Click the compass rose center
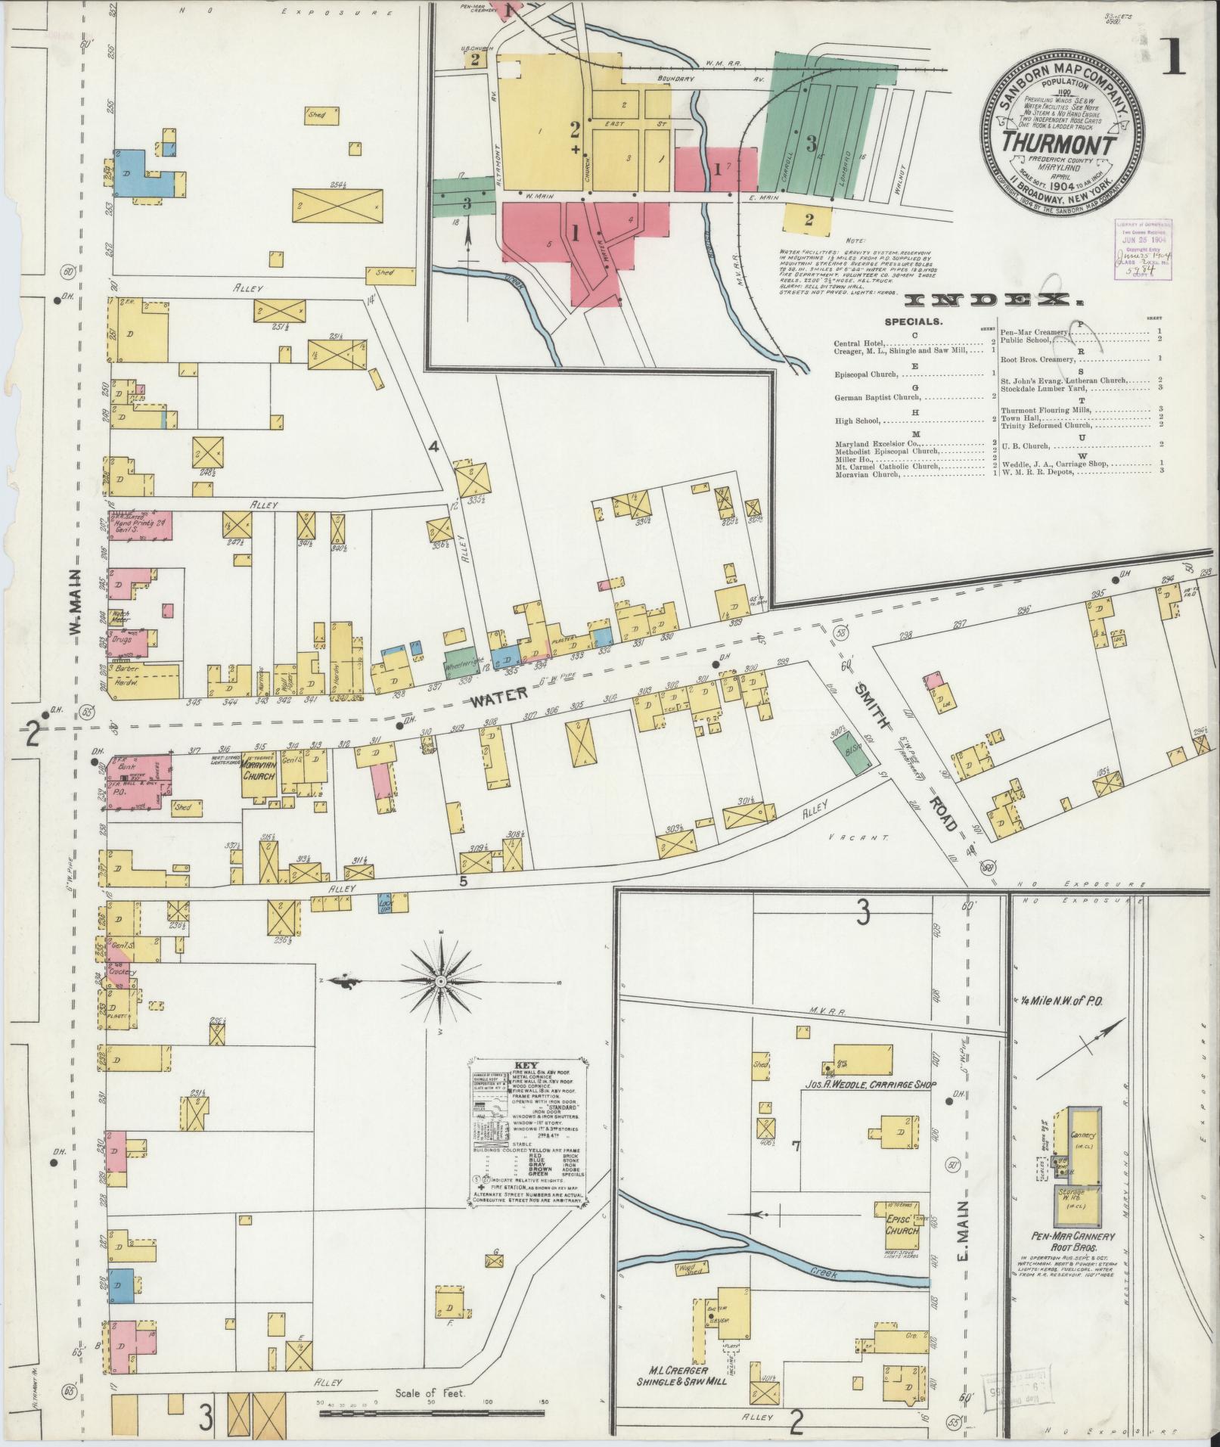439,981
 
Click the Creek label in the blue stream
824,1274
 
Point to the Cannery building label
1084,1137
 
